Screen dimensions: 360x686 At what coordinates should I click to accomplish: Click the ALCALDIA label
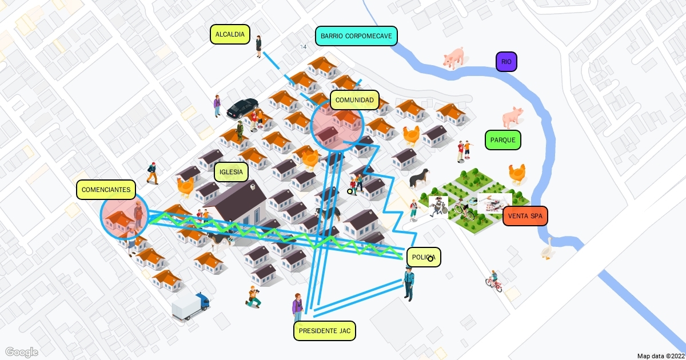pos(230,34)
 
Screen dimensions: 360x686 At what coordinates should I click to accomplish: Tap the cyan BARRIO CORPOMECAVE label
pos(356,36)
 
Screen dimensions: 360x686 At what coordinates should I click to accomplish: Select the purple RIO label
pos(506,62)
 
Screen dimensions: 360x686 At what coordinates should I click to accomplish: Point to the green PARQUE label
pos(502,140)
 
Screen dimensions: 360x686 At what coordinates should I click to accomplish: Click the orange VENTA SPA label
pos(525,216)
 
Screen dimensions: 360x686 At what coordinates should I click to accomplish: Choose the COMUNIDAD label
pos(354,100)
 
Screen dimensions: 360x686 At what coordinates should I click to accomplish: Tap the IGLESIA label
pos(232,171)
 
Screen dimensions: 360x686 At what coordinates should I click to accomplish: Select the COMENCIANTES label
pos(106,190)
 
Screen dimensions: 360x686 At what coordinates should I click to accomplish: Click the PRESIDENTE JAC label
pos(325,330)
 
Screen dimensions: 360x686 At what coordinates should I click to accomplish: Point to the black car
pos(242,107)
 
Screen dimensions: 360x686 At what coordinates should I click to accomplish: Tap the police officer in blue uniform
pos(409,284)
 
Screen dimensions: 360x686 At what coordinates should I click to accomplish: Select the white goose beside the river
pos(548,250)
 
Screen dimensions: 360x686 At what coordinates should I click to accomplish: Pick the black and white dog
pos(420,177)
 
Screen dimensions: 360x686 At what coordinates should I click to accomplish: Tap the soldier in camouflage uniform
pos(240,131)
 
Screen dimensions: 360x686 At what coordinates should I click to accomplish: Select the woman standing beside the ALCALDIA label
pos(258,46)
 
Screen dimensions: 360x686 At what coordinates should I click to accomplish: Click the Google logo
pos(22,351)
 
